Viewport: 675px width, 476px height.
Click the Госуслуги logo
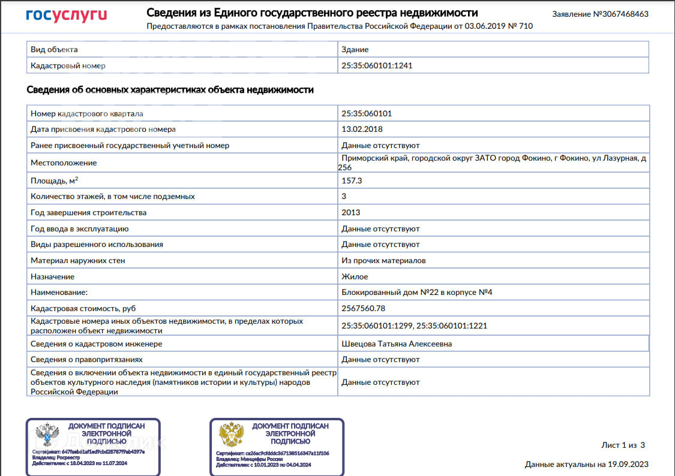click(67, 16)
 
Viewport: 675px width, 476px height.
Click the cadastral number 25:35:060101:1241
click(377, 65)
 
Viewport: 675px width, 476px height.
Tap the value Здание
click(355, 49)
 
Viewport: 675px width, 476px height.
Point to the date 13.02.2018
click(362, 129)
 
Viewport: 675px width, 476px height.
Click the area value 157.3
click(352, 180)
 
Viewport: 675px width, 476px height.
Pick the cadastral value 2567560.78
click(363, 308)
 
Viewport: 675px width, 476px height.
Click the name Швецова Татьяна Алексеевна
click(397, 344)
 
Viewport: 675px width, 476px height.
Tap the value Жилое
click(355, 276)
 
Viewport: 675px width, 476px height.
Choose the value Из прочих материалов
click(383, 261)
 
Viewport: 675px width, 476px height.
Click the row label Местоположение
click(64, 162)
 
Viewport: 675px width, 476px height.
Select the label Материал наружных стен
click(78, 261)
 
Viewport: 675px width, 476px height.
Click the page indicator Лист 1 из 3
click(623, 445)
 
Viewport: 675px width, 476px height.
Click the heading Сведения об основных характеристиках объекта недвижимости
click(170, 90)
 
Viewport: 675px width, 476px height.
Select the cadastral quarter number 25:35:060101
click(367, 113)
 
